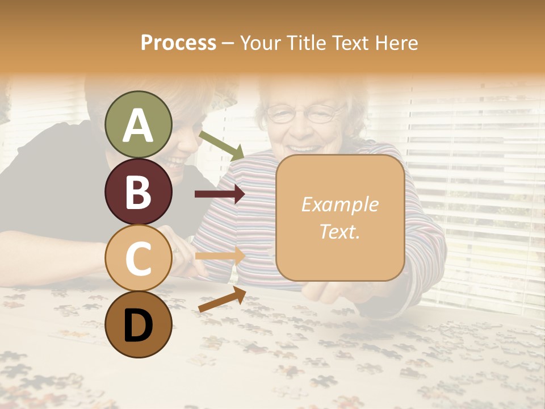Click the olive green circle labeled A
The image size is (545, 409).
139,124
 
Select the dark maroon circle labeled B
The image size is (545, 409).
139,191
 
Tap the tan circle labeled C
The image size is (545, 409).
139,258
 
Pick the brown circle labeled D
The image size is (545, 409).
139,324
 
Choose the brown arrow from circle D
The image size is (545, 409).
222,299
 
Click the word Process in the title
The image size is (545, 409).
178,43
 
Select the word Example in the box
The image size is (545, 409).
339,205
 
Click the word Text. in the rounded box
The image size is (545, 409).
339,231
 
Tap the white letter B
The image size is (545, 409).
139,192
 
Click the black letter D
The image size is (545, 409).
139,325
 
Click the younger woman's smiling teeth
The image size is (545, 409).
177,162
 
